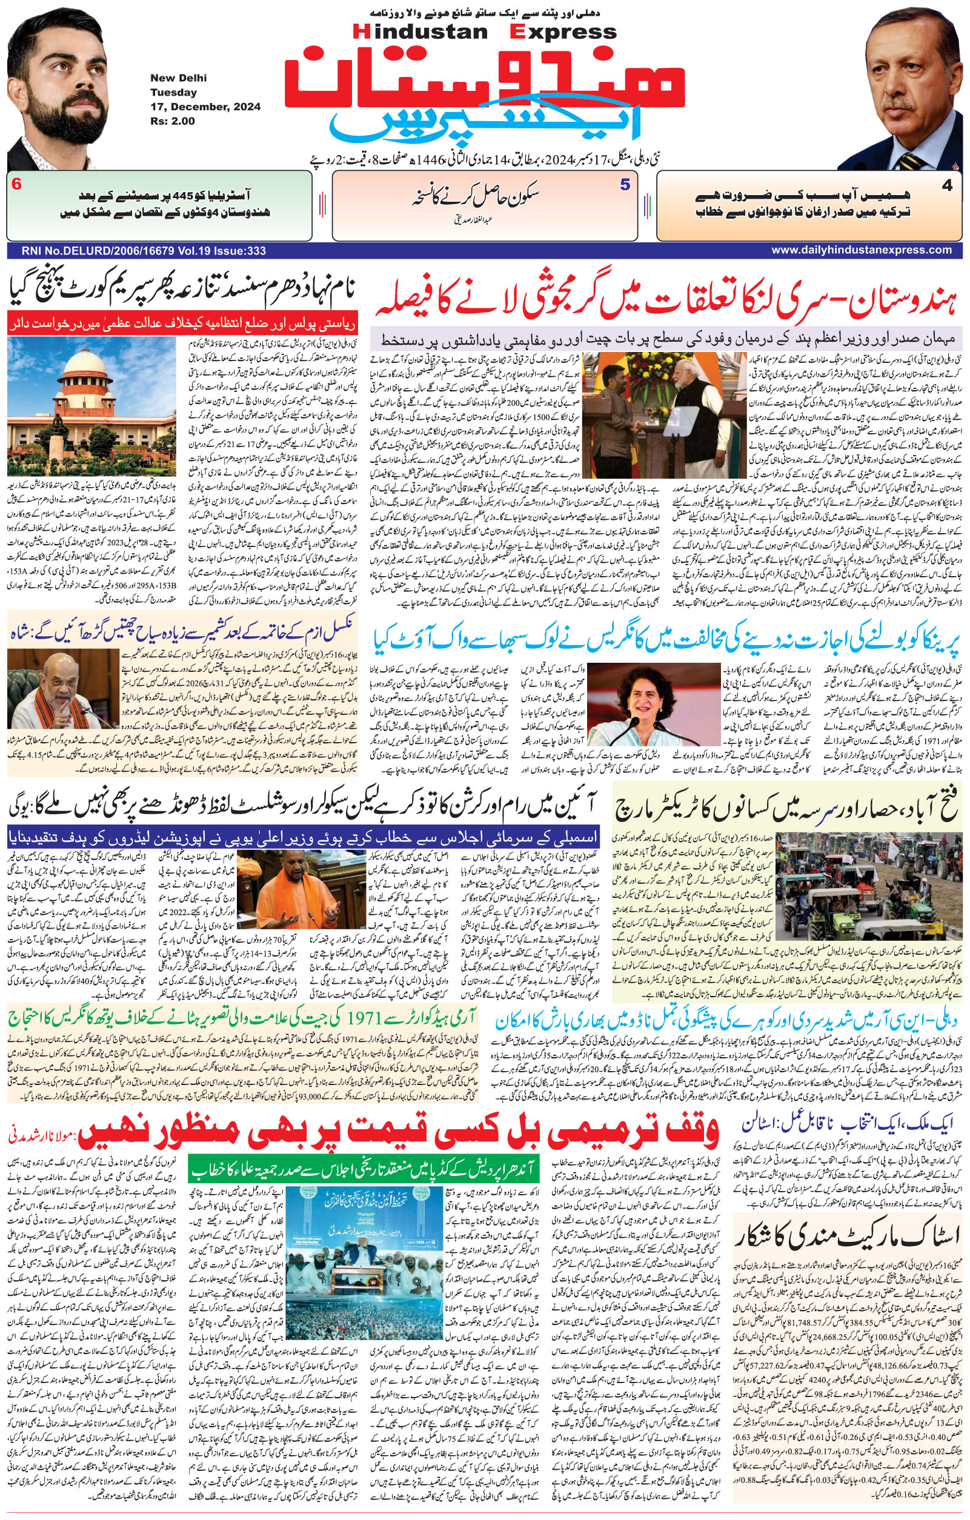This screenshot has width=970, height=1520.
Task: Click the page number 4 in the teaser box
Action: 946,185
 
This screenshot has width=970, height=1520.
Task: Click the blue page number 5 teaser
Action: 624,185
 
